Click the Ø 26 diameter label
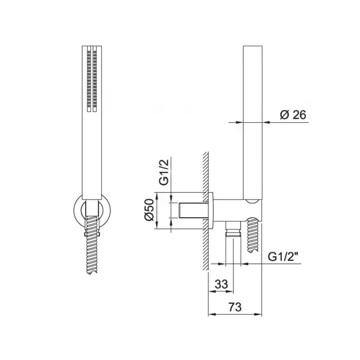(293, 115)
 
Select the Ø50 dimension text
(150, 210)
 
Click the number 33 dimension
(221, 284)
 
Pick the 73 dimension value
(236, 307)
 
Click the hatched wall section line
(206, 211)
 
